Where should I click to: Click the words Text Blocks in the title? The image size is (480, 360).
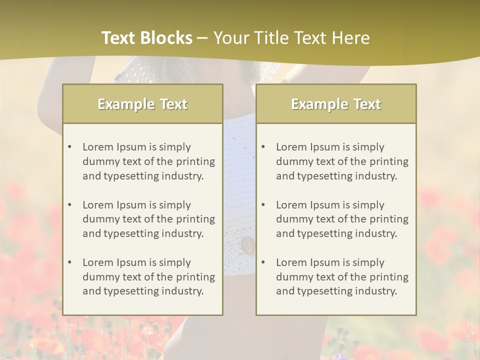pyautogui.click(x=146, y=38)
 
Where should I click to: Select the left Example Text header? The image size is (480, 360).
pyautogui.click(x=142, y=104)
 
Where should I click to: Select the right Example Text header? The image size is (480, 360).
pyautogui.click(x=336, y=104)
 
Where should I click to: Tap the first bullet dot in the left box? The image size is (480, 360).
pyautogui.click(x=70, y=147)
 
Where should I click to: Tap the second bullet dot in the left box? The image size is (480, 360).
pyautogui.click(x=70, y=205)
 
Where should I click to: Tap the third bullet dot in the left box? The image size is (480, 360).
pyautogui.click(x=70, y=262)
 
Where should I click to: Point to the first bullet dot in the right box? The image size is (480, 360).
pyautogui.click(x=263, y=147)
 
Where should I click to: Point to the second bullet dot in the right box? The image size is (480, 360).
pyautogui.click(x=263, y=205)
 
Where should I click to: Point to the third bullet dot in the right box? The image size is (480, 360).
pyautogui.click(x=263, y=262)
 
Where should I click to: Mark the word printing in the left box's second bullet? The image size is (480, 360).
pyautogui.click(x=195, y=219)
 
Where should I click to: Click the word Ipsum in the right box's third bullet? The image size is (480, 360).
pyautogui.click(x=325, y=262)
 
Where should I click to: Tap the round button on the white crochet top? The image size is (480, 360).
pyautogui.click(x=247, y=244)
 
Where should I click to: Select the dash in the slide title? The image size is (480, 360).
pyautogui.click(x=202, y=38)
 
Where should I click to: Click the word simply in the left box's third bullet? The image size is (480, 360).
pyautogui.click(x=174, y=262)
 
